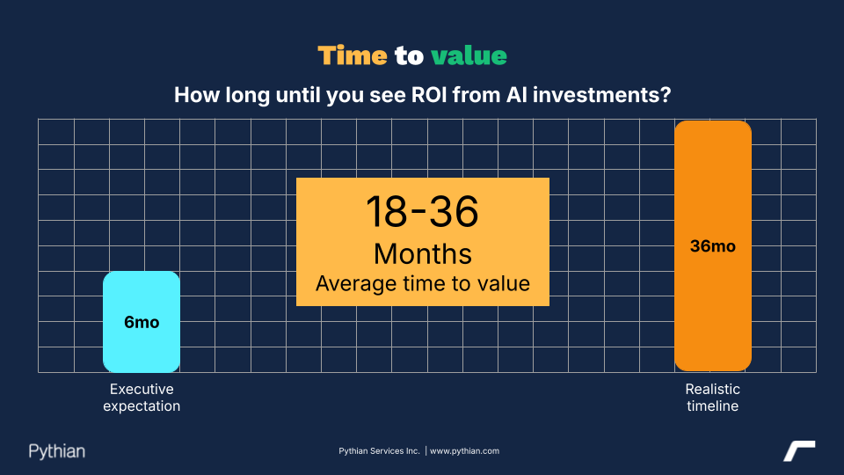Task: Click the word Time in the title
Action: (x=353, y=56)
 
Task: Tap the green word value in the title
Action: (x=469, y=56)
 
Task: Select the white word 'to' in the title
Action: (x=409, y=56)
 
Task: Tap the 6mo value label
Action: (x=142, y=322)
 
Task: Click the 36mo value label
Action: (x=713, y=246)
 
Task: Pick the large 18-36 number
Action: (x=422, y=211)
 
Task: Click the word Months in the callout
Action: (x=422, y=253)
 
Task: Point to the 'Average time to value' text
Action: (x=422, y=283)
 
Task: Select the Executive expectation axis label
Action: (x=142, y=398)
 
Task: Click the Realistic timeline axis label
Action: (x=713, y=398)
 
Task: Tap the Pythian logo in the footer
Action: (x=57, y=451)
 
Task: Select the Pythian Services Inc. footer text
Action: (x=379, y=451)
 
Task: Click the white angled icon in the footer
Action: (x=799, y=450)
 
